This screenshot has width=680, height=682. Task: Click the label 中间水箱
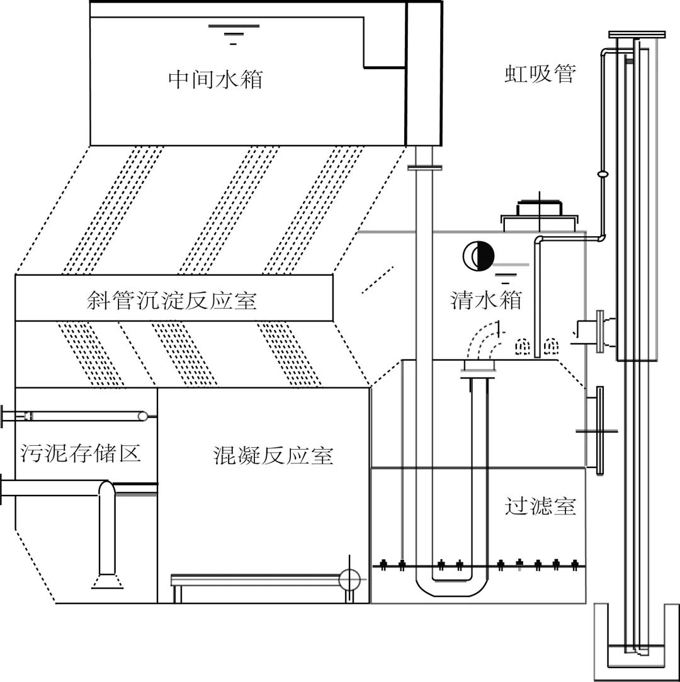point(215,80)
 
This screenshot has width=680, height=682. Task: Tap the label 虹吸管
point(540,74)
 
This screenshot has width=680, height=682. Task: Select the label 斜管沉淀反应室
point(171,300)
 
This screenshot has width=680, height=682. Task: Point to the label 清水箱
point(486,300)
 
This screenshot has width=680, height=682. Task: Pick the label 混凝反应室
point(273,455)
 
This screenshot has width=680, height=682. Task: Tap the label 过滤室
point(540,506)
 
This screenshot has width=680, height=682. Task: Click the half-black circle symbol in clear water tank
point(479,255)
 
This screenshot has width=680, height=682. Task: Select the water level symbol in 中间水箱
point(233,31)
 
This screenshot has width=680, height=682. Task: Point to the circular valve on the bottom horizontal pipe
point(348,579)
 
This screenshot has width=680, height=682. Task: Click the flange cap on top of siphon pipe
point(637,34)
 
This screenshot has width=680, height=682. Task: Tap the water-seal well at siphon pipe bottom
point(637,642)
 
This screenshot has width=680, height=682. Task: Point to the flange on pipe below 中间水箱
point(425,167)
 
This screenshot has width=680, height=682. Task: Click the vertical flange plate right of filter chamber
point(598,428)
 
